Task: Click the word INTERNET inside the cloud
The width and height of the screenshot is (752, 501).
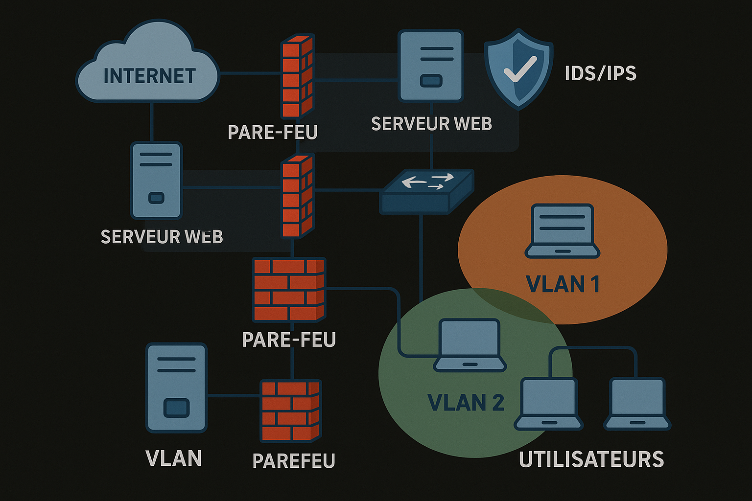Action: tap(149, 76)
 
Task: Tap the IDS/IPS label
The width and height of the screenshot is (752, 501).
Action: tap(600, 73)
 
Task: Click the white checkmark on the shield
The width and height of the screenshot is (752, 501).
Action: tap(520, 69)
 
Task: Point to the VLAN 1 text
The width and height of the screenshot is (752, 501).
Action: tap(563, 284)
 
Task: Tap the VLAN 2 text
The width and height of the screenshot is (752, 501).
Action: tap(466, 403)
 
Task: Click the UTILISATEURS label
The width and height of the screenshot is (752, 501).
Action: tap(591, 459)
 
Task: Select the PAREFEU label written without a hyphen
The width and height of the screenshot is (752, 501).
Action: tap(294, 461)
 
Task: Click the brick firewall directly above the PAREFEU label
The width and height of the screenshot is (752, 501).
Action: tap(291, 410)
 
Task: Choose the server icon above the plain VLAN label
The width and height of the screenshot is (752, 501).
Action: tap(176, 387)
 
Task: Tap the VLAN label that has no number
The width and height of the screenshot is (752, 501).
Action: tap(174, 459)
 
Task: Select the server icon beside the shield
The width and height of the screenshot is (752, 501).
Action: tap(431, 66)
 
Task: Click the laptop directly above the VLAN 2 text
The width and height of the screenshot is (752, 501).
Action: tap(470, 345)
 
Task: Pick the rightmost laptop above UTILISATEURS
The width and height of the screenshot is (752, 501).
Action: tap(637, 404)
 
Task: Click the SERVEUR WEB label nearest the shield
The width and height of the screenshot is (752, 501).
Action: tap(431, 124)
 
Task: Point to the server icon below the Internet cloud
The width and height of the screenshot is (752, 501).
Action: tap(156, 180)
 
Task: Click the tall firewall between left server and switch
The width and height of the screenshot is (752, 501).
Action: tap(297, 196)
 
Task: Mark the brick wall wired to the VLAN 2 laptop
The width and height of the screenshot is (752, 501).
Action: tap(289, 290)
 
